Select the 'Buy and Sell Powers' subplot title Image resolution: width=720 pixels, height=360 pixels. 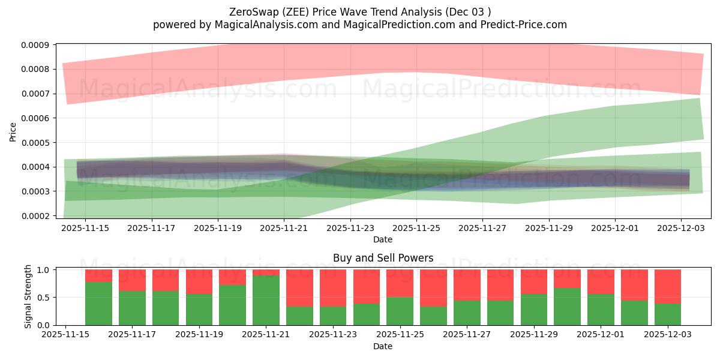pos(383,259)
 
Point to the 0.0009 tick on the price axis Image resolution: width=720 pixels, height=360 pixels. pos(36,45)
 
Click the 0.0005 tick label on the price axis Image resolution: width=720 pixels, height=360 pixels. pos(36,143)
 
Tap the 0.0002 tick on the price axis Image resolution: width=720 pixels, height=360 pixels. pos(36,216)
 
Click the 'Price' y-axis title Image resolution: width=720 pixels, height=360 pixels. pos(13,131)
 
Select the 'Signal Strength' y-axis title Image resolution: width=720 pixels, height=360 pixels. pos(28,297)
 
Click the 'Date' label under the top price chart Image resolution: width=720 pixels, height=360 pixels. pos(383,239)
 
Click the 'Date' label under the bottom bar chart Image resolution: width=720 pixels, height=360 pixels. pos(383,346)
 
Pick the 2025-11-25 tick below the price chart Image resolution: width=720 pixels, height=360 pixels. pos(416,228)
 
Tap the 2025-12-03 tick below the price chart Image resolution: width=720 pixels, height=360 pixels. pos(680,228)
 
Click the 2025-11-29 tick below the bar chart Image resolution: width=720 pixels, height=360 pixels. pos(534,335)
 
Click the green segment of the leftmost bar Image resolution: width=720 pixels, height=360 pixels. pos(98,304)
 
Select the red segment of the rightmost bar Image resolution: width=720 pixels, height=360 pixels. pos(667,286)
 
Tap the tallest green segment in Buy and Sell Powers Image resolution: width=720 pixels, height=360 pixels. pos(266,300)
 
